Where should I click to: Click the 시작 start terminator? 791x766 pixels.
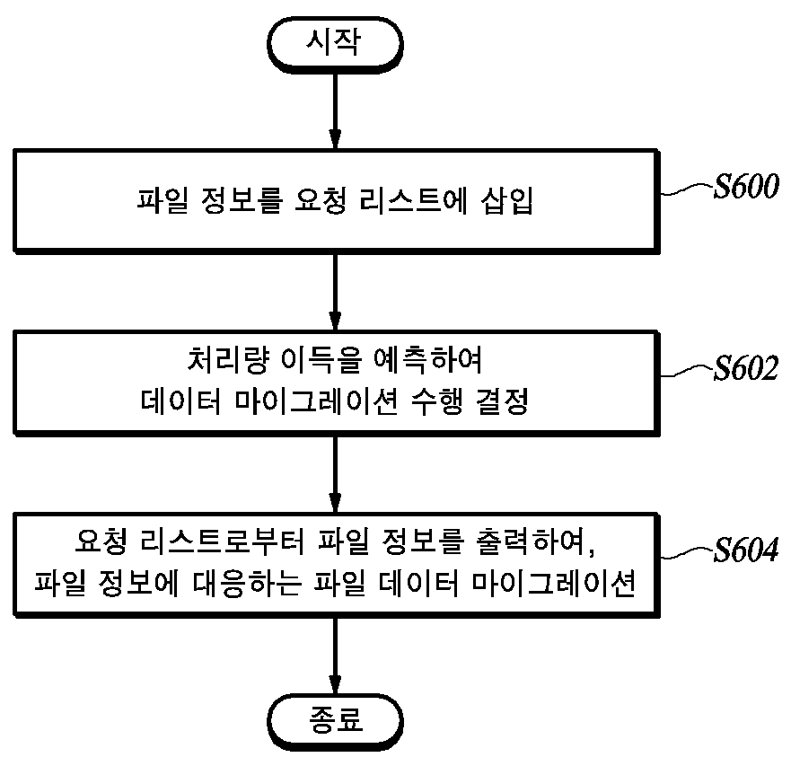(335, 45)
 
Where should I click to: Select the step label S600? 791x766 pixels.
(746, 186)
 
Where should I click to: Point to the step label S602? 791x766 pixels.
(746, 368)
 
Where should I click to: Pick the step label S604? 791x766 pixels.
(746, 550)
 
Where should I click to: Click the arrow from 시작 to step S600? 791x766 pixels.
(335, 111)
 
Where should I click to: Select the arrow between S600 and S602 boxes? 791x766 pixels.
(335, 292)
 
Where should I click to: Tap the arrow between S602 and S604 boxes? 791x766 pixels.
(335, 474)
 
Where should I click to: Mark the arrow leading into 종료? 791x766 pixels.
(335, 656)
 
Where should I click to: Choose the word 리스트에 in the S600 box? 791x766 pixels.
(414, 201)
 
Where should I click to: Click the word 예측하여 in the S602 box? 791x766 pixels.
(427, 360)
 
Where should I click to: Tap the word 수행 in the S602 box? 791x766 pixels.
(437, 401)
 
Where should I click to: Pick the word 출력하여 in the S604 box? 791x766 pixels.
(530, 541)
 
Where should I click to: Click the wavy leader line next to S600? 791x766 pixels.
(687, 189)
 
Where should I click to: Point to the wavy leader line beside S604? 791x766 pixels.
(687, 553)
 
